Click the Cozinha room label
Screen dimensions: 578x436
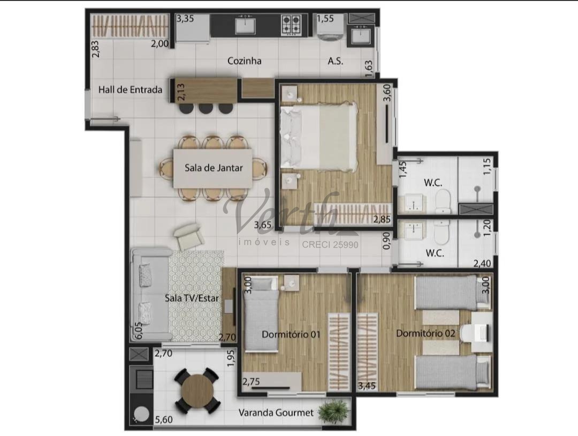(245, 61)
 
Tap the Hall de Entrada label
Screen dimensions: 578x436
(130, 89)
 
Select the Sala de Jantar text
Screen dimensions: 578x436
(214, 168)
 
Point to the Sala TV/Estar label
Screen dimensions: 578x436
(192, 298)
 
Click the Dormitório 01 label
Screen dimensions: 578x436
(291, 335)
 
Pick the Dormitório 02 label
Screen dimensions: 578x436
(425, 334)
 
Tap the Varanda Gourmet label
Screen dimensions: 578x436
(276, 412)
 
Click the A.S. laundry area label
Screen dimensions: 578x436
(336, 61)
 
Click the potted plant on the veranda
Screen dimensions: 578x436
(333, 410)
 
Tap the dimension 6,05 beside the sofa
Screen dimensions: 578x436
(139, 330)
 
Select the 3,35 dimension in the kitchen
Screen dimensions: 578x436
(185, 18)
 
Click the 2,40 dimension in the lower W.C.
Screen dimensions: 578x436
(482, 264)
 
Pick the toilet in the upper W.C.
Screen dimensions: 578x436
(443, 201)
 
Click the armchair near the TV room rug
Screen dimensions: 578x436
(189, 236)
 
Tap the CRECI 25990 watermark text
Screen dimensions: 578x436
(330, 244)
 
